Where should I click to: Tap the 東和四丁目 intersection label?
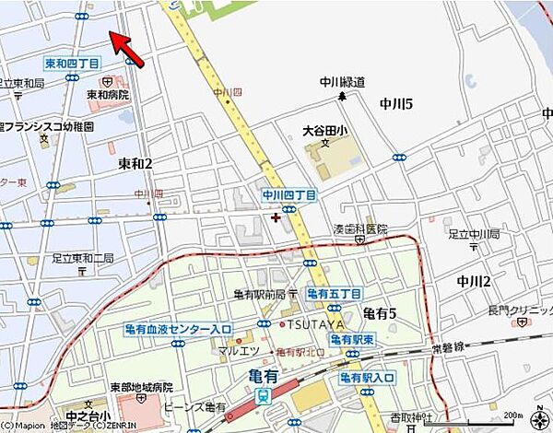71,64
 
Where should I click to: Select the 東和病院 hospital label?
107,94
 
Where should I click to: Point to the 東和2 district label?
135,163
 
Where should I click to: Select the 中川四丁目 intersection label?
289,195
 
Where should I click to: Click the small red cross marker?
276,217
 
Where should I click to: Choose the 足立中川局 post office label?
471,234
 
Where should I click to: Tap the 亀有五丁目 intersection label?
333,293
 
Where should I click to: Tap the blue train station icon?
262,396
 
